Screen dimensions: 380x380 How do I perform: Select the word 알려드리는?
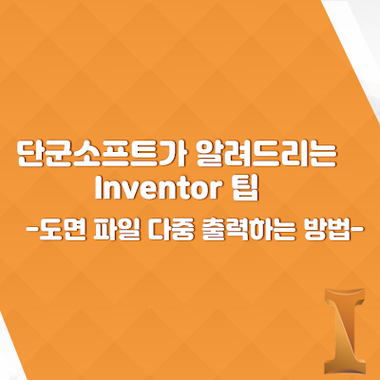click(267, 155)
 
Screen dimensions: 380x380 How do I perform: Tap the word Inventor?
click(158, 189)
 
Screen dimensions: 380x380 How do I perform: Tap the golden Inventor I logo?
click(345, 331)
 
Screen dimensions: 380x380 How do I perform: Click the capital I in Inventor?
click(98, 188)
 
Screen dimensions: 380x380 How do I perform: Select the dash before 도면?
click(32, 228)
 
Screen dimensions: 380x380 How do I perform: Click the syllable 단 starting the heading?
click(30, 155)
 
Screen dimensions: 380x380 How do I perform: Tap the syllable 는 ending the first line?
click(322, 155)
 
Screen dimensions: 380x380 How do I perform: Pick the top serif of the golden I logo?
click(345, 294)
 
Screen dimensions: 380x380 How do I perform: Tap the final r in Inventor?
click(214, 191)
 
